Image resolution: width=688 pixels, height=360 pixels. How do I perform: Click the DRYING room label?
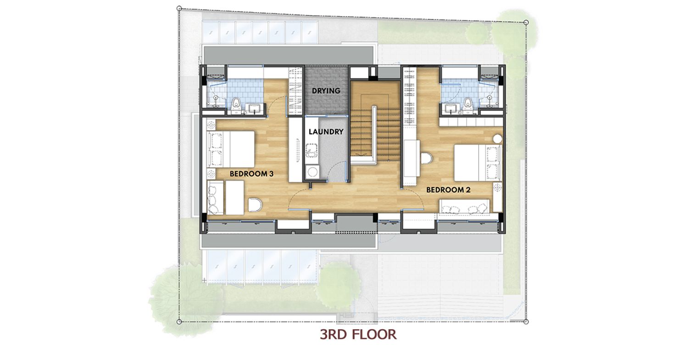pyautogui.click(x=326, y=91)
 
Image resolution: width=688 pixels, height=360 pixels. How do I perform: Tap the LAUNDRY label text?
pyautogui.click(x=326, y=132)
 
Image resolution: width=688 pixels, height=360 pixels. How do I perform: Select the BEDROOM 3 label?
pyautogui.click(x=251, y=174)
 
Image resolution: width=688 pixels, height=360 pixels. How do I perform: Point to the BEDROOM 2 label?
pyautogui.click(x=449, y=190)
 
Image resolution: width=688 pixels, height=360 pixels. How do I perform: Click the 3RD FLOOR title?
pyautogui.click(x=358, y=334)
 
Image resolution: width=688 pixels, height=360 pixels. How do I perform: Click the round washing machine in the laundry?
pyautogui.click(x=312, y=172)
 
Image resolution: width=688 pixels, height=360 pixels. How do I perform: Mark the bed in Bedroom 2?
pyautogui.click(x=478, y=163)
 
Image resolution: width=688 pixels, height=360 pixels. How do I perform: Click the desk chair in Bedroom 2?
pyautogui.click(x=426, y=159)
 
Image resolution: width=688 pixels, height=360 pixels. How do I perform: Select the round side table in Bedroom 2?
pyautogui.click(x=498, y=139)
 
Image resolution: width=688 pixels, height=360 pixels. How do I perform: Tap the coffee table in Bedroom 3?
pyautogui.click(x=235, y=198)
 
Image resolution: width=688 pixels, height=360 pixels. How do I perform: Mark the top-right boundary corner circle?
pyautogui.click(x=526, y=22)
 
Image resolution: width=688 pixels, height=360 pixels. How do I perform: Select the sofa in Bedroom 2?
pyautogui.click(x=464, y=206)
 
